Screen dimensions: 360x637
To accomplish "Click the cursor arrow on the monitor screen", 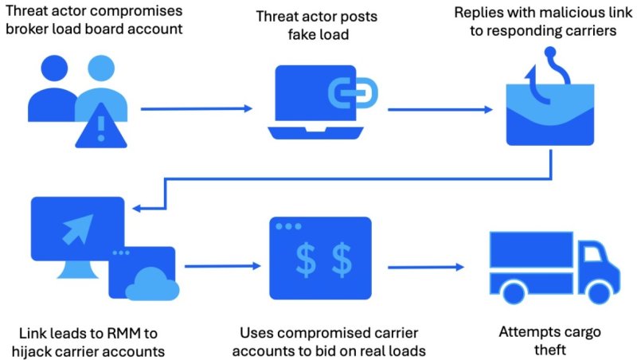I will [x=76, y=226].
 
